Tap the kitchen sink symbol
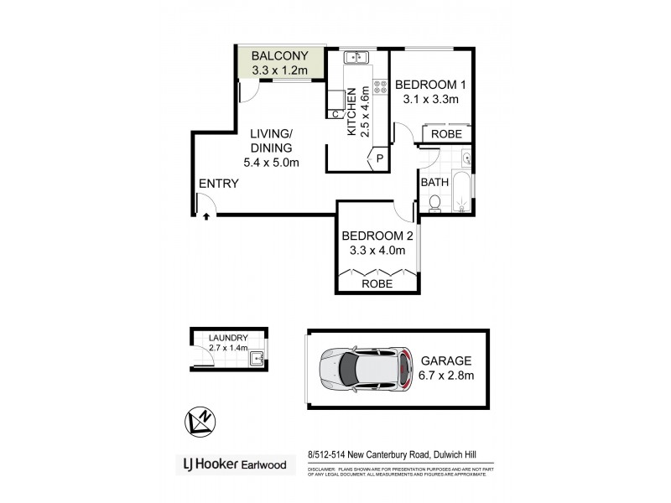point(357,57)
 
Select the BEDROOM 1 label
point(430,85)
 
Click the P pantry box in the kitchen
point(379,158)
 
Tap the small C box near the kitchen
point(335,114)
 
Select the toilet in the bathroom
point(434,202)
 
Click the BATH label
point(434,182)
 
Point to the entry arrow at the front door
point(206,216)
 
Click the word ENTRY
point(219,184)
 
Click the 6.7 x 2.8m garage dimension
point(447,375)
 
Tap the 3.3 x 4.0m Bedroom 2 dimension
point(377,250)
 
